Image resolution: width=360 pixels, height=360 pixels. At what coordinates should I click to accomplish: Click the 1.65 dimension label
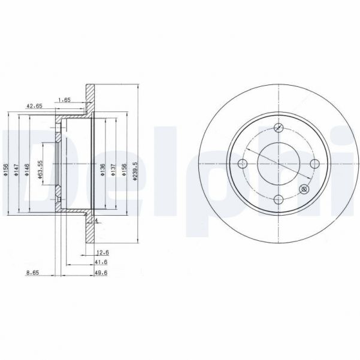point(64,99)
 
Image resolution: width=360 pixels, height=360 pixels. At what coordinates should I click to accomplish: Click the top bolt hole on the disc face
point(278,127)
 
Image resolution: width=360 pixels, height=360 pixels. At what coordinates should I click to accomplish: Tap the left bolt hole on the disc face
point(242,165)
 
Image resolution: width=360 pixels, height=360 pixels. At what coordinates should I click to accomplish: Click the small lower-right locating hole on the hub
point(303,190)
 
